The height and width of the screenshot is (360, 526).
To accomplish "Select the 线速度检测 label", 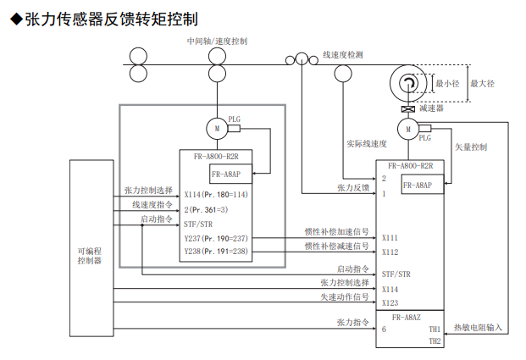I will coord(343,54).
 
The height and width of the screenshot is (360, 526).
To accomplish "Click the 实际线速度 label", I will coord(366,144).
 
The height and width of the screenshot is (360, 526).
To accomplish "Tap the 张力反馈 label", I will coord(353,187).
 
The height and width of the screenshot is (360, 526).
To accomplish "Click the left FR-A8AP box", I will coord(227,174).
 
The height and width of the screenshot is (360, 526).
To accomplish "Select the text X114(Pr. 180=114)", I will coord(216,194).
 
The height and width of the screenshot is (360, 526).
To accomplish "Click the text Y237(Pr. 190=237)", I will coord(216,239).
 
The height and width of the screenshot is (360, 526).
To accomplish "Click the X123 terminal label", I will coord(390,302).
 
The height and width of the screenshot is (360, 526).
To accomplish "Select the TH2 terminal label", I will coord(435,341).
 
